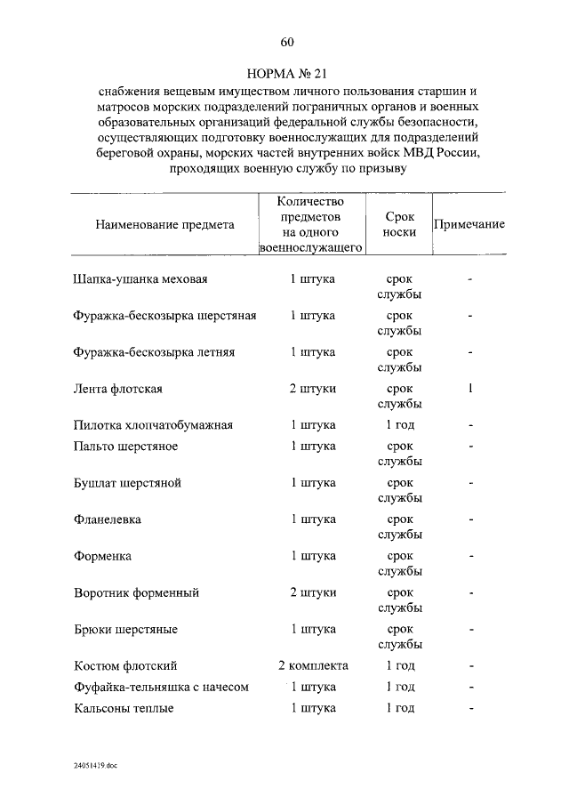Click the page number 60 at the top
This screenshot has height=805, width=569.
coord(286,42)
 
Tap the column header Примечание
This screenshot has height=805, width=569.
coord(469,224)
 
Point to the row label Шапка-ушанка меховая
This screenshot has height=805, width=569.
coord(140,279)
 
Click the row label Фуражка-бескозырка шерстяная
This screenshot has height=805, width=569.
coord(165,316)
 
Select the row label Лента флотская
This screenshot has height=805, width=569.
coord(117,389)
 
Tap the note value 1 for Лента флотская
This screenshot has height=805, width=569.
coord(470,388)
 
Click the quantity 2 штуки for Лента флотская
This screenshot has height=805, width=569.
coord(313,389)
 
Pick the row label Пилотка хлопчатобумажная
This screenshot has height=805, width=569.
coord(153,425)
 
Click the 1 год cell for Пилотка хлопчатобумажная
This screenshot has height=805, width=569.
coord(400,425)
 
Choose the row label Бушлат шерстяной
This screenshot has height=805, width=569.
coord(128,483)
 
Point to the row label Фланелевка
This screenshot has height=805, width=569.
coord(108,519)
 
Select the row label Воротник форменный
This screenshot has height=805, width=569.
coord(137,592)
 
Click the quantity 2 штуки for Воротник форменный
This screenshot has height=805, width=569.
coord(313,592)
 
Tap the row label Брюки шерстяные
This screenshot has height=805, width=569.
coord(125,629)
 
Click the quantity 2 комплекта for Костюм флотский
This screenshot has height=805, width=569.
coord(313,665)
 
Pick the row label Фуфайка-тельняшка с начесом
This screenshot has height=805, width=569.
coord(161,687)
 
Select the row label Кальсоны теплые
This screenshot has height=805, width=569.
coord(124,708)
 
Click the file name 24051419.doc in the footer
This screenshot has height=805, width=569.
coord(96,765)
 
